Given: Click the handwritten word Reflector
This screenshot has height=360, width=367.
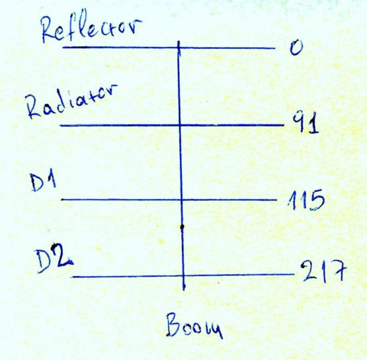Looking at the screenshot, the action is [91, 26].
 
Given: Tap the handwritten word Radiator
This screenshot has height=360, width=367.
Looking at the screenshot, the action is [72, 101].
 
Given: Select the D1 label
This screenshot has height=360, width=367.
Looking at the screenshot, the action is [44, 183].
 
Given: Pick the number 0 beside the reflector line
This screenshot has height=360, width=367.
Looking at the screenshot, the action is [296, 47].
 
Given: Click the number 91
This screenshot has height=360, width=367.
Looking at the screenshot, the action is [306, 122].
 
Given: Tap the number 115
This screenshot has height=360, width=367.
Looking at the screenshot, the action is [306, 200].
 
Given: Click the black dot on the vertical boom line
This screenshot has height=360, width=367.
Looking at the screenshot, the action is [182, 226].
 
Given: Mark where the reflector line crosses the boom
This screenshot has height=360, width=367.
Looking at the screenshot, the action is [179, 48].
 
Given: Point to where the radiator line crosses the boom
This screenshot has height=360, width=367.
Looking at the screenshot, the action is [180, 125].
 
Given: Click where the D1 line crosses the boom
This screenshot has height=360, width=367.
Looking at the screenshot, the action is [181, 200].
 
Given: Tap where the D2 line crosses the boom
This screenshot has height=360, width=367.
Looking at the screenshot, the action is [183, 276].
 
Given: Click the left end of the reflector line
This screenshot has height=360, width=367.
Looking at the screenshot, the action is [63, 48].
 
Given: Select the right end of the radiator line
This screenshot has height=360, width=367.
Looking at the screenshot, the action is [284, 125].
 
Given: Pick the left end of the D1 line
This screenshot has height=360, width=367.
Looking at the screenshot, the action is [61, 200].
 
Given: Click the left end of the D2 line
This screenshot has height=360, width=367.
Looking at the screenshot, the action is [73, 277].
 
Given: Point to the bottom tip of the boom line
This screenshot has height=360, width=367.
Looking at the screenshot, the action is [184, 291].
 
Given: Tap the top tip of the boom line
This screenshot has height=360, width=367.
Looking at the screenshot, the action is [179, 41].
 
